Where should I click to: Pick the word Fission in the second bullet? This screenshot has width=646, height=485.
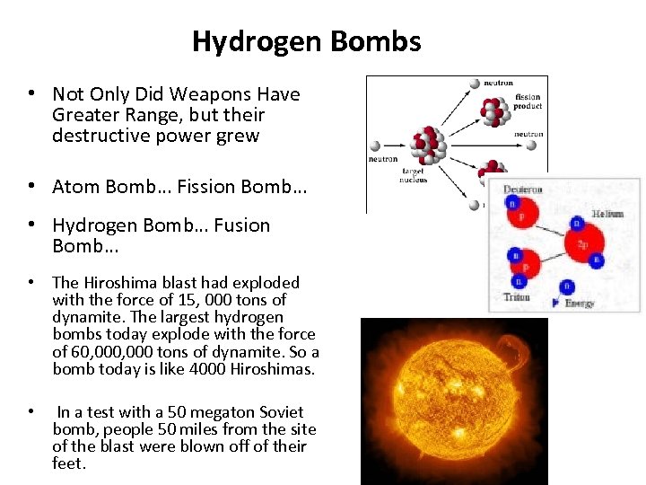click(x=206, y=187)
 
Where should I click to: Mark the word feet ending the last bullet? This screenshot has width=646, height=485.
click(x=68, y=463)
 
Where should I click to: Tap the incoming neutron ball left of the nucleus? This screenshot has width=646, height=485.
click(x=374, y=145)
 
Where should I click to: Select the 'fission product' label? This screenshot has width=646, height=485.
click(x=528, y=101)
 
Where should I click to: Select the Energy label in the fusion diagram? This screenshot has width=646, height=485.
click(x=579, y=304)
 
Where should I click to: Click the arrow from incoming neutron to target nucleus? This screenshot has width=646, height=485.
click(x=396, y=145)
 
